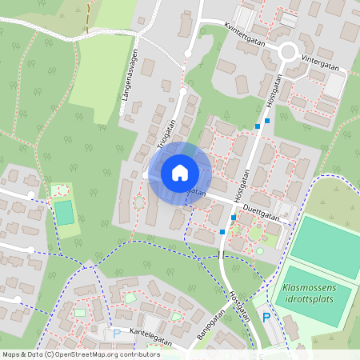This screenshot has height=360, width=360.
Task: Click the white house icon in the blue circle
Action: pos(180,172)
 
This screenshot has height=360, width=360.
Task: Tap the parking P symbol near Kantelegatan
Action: pos(117,334)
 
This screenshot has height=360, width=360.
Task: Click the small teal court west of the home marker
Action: pos(63,213)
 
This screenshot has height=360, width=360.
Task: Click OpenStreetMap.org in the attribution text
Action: pos(83,354)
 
